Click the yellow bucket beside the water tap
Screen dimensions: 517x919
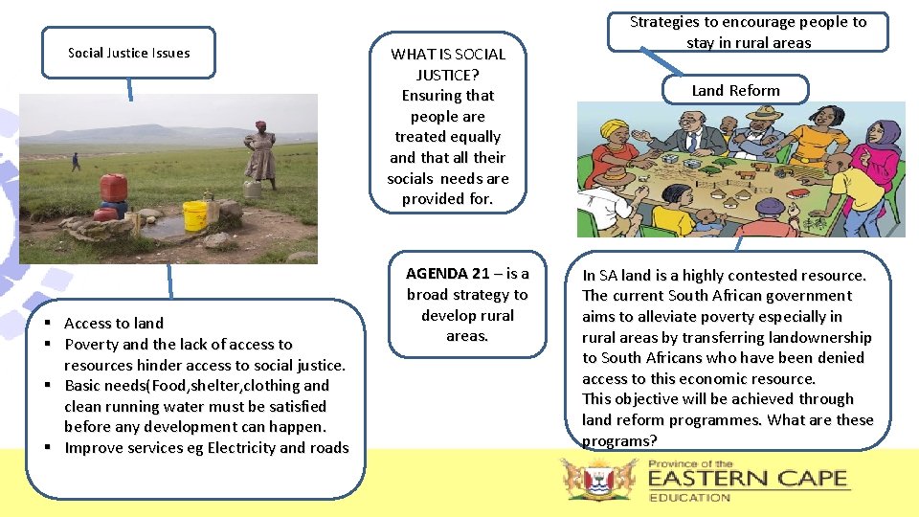pyautogui.click(x=195, y=215)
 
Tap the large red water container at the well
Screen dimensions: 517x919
pyautogui.click(x=114, y=187)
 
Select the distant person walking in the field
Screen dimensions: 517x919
pyautogui.click(x=77, y=161)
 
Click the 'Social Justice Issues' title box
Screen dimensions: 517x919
pyautogui.click(x=128, y=53)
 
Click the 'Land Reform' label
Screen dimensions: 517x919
pyautogui.click(x=735, y=90)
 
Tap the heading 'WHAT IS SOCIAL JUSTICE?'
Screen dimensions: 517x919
pyautogui.click(x=447, y=64)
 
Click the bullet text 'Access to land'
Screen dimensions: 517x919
pyautogui.click(x=113, y=324)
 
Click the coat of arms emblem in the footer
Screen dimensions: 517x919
pyautogui.click(x=599, y=478)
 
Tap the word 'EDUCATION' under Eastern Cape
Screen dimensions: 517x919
pyautogui.click(x=689, y=497)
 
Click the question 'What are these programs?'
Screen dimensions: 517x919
pyautogui.click(x=728, y=430)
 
